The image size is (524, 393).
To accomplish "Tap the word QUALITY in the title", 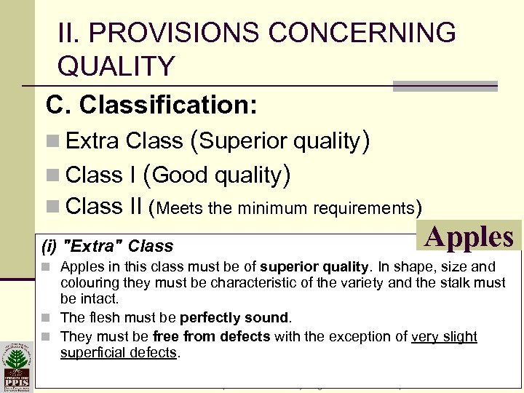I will (x=116, y=66).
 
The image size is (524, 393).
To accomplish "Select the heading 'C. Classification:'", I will (x=151, y=105).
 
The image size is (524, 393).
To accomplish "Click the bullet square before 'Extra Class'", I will (x=55, y=141).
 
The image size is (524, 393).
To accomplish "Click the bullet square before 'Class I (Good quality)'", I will (x=55, y=175).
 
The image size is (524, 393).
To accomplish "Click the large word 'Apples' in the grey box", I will (x=470, y=237).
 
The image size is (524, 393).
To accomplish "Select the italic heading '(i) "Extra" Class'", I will (x=109, y=246).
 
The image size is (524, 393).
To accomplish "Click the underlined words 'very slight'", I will (x=444, y=336).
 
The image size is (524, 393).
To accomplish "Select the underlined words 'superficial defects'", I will (x=119, y=353).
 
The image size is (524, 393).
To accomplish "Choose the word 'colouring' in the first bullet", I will (x=90, y=282).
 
